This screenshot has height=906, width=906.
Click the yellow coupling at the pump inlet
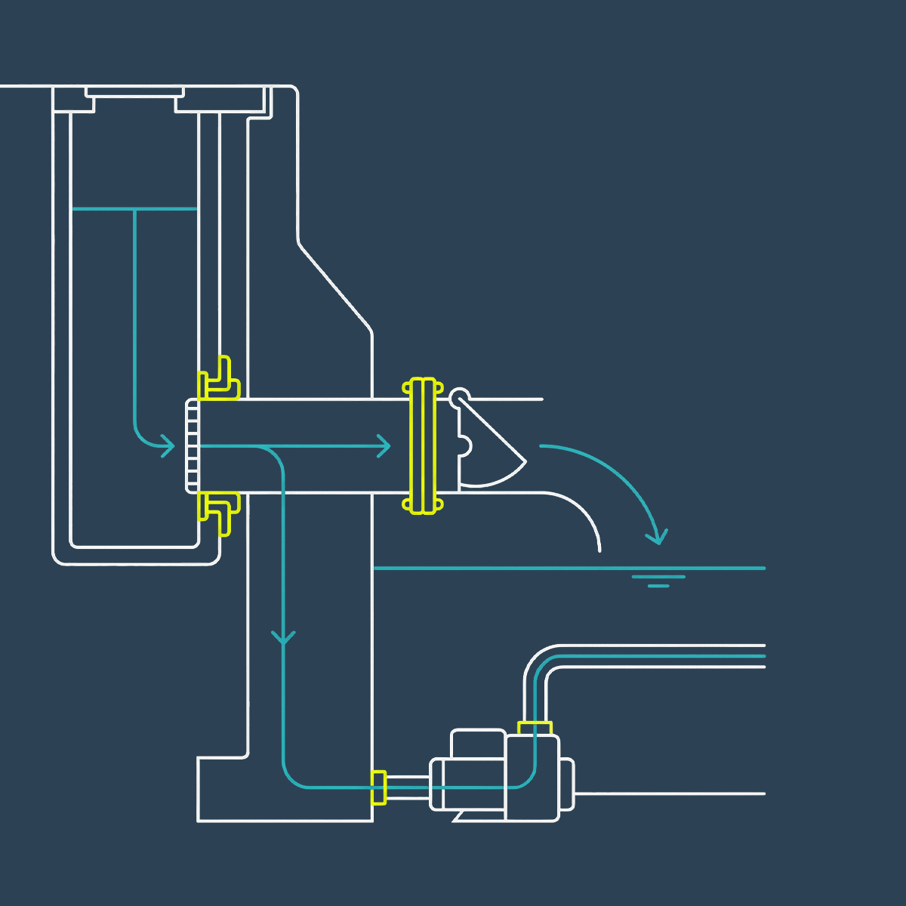pyautogui.click(x=378, y=787)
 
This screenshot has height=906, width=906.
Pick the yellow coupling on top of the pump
pyautogui.click(x=535, y=728)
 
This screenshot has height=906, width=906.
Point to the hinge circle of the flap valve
pyautogui.click(x=459, y=396)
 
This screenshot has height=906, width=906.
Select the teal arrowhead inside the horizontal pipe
pyautogui.click(x=384, y=446)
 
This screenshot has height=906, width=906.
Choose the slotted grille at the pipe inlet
pyautogui.click(x=193, y=445)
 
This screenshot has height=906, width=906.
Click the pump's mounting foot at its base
pyautogui.click(x=461, y=816)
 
